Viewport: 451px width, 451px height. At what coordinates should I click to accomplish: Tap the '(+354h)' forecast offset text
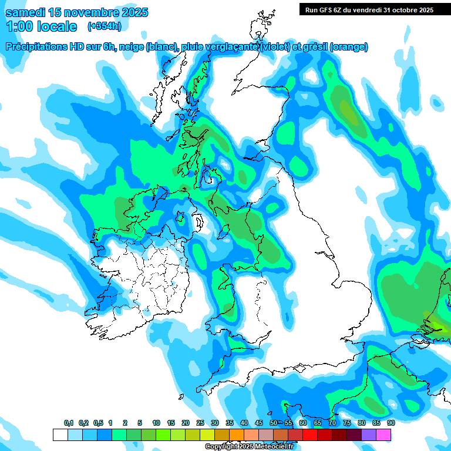[x=105, y=26]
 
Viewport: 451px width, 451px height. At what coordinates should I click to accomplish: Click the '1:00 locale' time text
[x=42, y=26]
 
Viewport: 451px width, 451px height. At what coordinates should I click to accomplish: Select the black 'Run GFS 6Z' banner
[x=366, y=9]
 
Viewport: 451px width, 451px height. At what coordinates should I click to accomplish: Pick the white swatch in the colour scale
[x=60, y=435]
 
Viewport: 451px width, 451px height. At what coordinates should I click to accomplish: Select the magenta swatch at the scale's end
[x=383, y=435]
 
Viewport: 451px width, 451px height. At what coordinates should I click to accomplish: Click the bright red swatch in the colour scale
[x=309, y=435]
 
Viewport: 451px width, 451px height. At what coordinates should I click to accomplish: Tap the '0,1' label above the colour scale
[x=69, y=423]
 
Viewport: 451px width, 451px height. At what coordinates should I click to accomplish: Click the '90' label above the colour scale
[x=391, y=423]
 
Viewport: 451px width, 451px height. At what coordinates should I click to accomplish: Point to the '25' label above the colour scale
[x=200, y=423]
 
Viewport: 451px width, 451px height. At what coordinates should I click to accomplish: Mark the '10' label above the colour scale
[x=156, y=423]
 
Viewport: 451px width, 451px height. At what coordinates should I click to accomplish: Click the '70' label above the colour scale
[x=332, y=423]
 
